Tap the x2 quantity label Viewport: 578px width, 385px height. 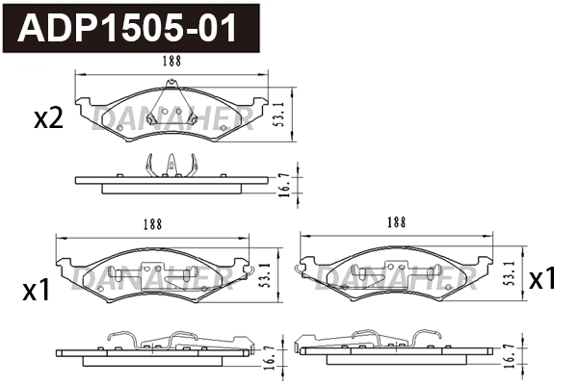(x=48, y=118)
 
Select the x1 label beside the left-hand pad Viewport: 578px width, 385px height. (x=36, y=290)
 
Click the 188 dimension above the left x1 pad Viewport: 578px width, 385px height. (x=152, y=223)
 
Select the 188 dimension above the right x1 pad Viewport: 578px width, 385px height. (x=395, y=220)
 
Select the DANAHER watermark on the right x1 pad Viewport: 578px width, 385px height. (x=395, y=280)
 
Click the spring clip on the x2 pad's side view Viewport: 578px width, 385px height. (x=171, y=167)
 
